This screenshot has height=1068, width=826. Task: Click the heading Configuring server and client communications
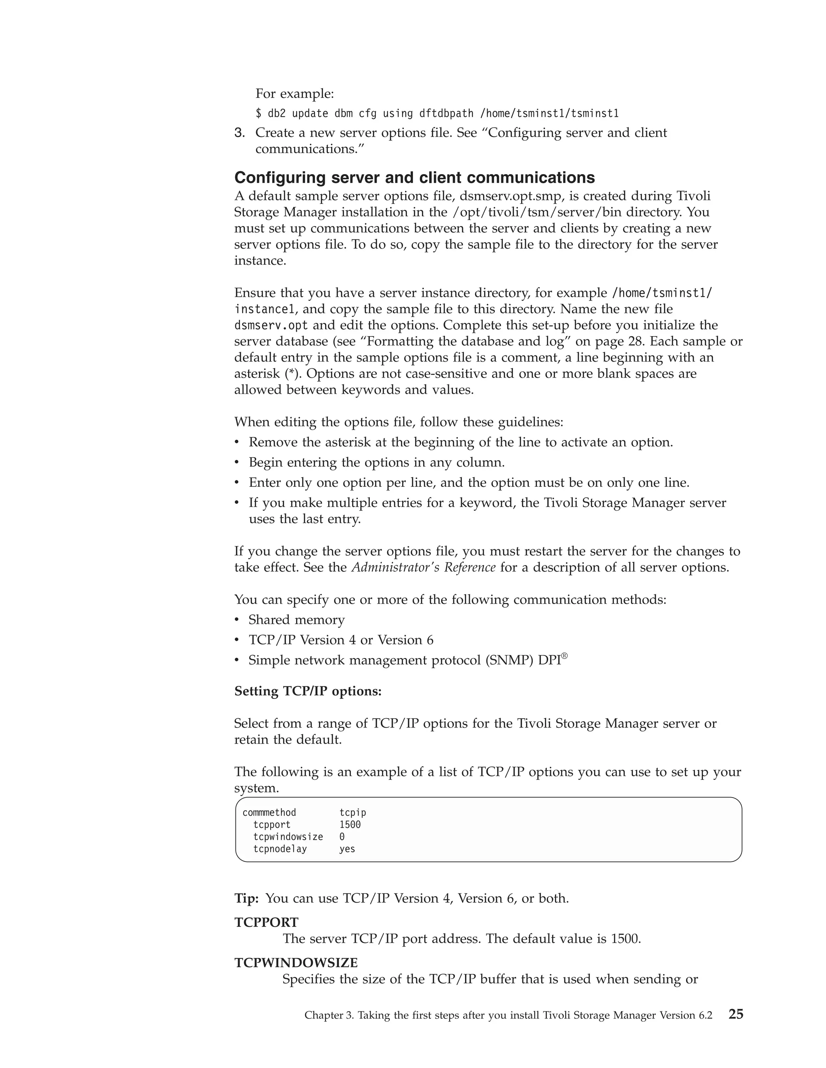415,177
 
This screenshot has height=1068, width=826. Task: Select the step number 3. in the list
239,133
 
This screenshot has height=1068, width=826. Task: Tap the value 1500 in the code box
350,825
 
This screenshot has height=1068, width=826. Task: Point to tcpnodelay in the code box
280,848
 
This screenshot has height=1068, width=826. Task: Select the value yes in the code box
347,848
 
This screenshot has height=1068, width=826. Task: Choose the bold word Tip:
246,898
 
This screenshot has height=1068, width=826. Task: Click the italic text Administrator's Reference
423,567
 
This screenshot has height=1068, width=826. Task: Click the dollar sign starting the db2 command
259,114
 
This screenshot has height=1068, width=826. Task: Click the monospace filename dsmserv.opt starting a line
271,325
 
